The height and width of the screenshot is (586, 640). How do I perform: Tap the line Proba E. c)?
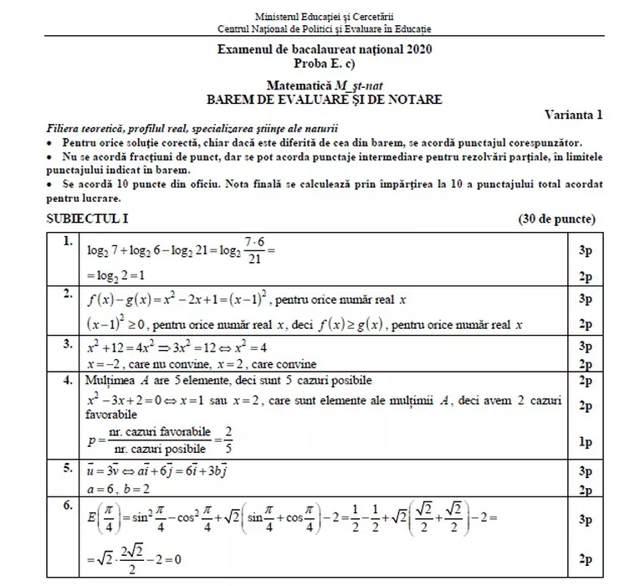[x=325, y=64]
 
